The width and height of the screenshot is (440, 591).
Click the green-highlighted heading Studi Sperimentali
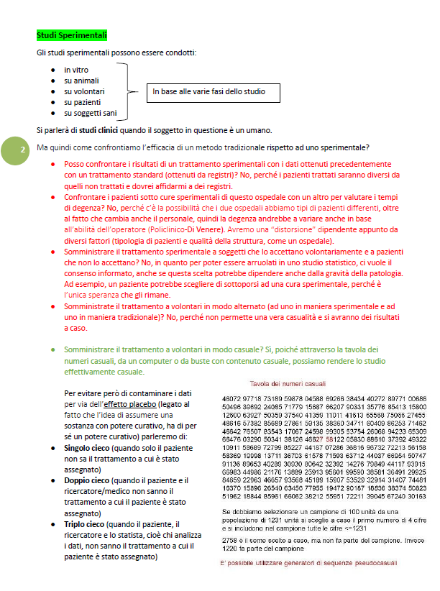click(71, 35)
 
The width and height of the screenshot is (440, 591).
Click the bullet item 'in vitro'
click(76, 70)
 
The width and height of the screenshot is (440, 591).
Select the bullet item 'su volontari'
click(84, 91)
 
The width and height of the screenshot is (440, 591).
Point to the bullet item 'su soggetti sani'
click(89, 113)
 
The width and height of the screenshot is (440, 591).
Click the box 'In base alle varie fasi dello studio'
click(209, 92)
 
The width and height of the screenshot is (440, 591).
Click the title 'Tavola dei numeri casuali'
click(288, 383)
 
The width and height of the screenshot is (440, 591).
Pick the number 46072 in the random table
click(232, 398)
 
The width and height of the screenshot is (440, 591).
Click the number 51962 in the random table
click(232, 495)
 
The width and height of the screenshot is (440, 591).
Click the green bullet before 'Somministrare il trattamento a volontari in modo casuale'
click(53, 349)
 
